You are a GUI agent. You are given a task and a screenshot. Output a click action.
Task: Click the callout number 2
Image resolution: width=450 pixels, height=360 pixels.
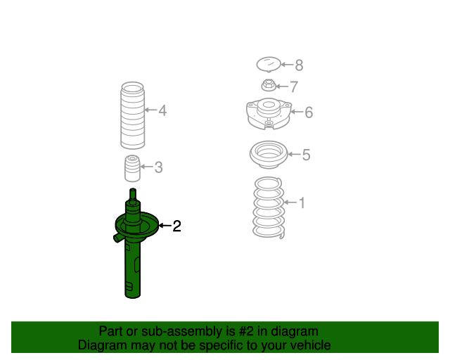[176, 226]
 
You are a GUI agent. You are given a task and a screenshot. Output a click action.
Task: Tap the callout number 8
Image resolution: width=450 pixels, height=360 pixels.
[299, 65]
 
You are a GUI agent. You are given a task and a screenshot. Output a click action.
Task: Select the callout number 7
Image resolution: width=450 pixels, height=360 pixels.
[294, 86]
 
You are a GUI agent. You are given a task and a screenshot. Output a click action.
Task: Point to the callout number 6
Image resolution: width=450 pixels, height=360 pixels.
[309, 112]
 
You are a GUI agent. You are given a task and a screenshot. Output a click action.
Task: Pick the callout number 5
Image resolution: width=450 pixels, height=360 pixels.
[307, 155]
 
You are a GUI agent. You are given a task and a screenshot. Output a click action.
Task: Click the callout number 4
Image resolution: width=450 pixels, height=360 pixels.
[162, 110]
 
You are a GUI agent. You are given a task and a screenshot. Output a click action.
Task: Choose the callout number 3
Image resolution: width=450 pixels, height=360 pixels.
[158, 167]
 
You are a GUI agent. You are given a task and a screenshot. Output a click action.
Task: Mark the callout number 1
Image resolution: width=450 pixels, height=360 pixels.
[302, 202]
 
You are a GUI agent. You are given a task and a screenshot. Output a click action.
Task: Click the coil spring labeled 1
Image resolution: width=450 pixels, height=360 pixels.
[269, 208]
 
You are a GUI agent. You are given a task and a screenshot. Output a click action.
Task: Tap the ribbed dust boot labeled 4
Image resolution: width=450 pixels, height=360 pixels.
[132, 115]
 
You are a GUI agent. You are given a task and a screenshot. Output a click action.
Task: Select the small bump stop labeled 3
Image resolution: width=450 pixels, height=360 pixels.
[132, 169]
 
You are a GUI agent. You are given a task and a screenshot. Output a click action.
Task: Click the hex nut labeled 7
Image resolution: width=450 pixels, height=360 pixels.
[269, 85]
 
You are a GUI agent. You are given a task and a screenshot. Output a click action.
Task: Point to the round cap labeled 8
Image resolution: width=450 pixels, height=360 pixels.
[269, 64]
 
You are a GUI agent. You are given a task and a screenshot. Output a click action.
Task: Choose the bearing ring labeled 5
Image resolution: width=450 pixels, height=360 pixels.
[269, 155]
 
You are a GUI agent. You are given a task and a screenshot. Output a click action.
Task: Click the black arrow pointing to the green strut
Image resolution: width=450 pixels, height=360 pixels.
[165, 226]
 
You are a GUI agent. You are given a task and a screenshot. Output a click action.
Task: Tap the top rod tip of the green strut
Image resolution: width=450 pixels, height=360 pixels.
[133, 190]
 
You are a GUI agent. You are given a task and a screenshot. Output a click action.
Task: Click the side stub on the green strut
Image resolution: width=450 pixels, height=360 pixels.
[117, 238]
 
